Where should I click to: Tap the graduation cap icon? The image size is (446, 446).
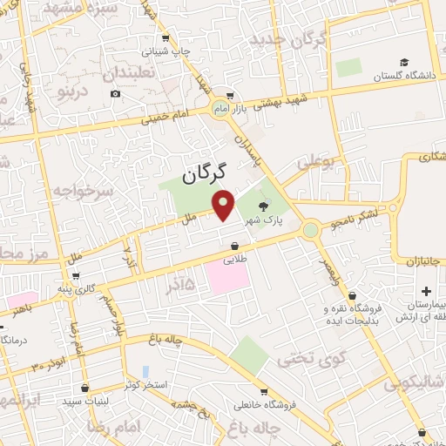pyautogui.click(x=404, y=63)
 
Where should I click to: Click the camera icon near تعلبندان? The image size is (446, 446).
pyautogui.click(x=115, y=94)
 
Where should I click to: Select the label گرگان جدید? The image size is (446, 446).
pyautogui.click(x=287, y=39)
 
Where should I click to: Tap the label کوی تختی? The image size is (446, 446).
pyautogui.click(x=311, y=357)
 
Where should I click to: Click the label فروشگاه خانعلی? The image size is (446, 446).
pyautogui.click(x=265, y=404)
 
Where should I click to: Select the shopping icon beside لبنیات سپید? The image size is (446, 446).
pyautogui.click(x=84, y=389)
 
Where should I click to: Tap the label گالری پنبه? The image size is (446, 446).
pyautogui.click(x=95, y=288)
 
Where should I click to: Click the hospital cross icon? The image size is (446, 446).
pyautogui.click(x=426, y=290)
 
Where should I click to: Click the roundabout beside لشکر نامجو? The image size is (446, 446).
pyautogui.click(x=310, y=230)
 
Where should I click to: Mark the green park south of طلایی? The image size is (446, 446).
pyautogui.click(x=249, y=355)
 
